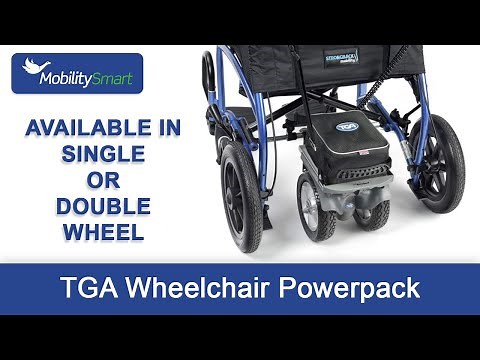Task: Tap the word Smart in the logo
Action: click(117, 73)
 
